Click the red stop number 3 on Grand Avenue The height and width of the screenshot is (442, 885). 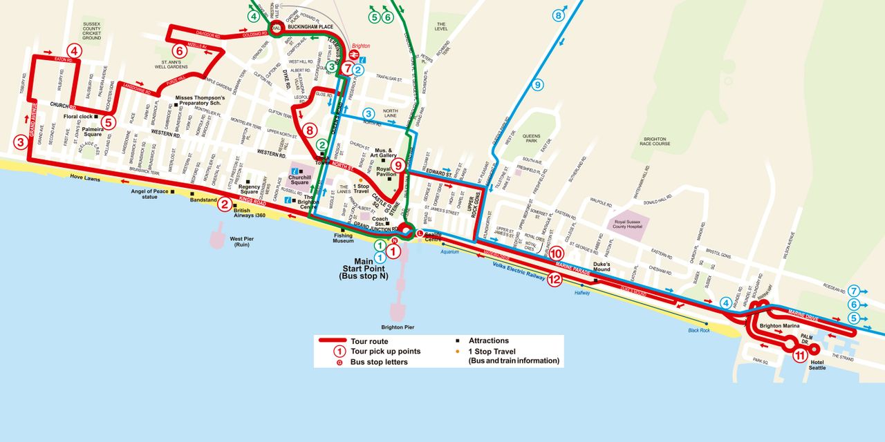point(21,143)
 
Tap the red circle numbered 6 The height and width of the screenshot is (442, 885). point(179,50)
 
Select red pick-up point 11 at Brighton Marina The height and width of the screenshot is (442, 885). point(799,356)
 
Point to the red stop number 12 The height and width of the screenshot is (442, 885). point(555,280)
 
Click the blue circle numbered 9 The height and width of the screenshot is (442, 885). point(538,85)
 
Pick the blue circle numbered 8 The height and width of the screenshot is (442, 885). point(559,15)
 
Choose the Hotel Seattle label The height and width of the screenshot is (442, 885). point(819,365)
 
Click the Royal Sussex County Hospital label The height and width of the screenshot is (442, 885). point(628,223)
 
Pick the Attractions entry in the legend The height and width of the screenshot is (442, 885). point(488,340)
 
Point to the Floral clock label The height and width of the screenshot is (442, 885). point(78,116)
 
